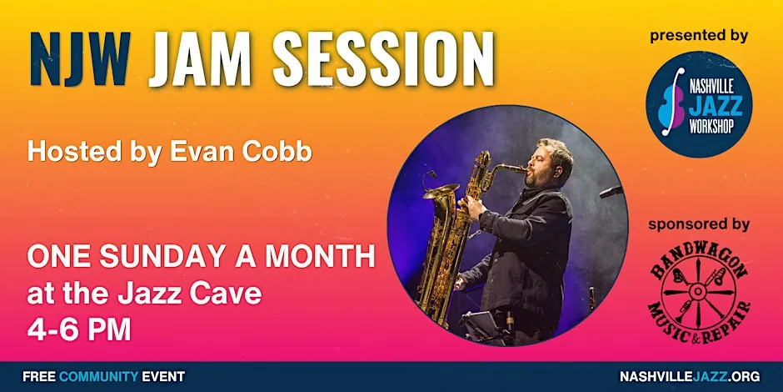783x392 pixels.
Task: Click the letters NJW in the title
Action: click(x=81, y=59)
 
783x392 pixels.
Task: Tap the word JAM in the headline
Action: click(x=199, y=59)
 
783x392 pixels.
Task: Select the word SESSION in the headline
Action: click(x=382, y=59)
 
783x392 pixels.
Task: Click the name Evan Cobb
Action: click(x=242, y=152)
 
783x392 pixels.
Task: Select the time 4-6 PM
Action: click(x=79, y=329)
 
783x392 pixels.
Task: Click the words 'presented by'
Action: click(x=699, y=37)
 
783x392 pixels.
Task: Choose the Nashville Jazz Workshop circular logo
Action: click(x=699, y=104)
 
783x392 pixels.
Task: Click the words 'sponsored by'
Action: click(x=699, y=225)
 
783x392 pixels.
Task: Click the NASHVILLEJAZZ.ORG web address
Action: click(x=690, y=376)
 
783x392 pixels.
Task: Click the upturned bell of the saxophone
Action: click(x=441, y=191)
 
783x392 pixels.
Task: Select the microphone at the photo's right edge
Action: click(x=611, y=191)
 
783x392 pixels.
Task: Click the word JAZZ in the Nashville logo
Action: click(x=714, y=106)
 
